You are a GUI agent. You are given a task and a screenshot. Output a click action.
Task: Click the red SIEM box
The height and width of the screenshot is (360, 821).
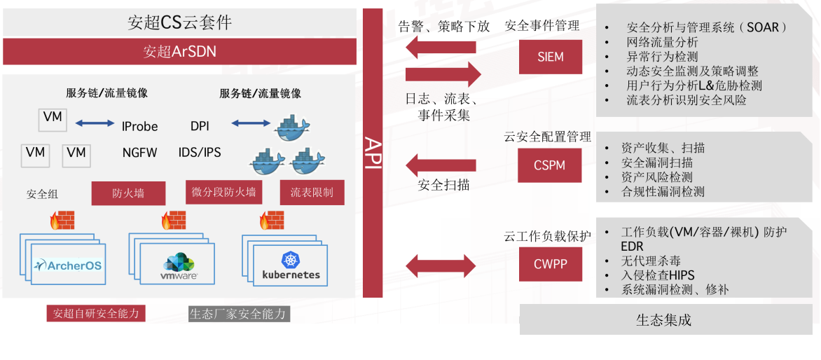[x=551, y=57]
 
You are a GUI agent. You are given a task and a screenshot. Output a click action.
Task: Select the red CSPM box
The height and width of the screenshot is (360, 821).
[x=550, y=166]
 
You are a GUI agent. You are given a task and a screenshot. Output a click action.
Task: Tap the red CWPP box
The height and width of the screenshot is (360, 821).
[x=551, y=265]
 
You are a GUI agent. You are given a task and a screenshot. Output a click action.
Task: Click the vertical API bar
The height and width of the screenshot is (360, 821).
[x=373, y=153]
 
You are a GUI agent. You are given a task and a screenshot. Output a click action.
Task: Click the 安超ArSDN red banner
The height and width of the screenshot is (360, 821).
[x=179, y=51]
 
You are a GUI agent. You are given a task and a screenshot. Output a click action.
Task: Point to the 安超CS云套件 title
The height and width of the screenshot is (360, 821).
[x=179, y=22]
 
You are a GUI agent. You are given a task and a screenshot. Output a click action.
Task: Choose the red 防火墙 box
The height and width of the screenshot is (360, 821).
[x=128, y=193]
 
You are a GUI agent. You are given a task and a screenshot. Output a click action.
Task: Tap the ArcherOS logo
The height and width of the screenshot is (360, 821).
[x=69, y=265]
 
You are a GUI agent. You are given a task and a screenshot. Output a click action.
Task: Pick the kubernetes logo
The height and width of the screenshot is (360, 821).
[x=291, y=266]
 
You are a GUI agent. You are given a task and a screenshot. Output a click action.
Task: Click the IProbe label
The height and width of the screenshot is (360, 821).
[x=140, y=127]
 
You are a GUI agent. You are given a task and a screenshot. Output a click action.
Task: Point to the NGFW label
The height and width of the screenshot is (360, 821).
[x=140, y=152]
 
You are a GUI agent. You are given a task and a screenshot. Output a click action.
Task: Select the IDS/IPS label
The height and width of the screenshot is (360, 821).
[x=200, y=152]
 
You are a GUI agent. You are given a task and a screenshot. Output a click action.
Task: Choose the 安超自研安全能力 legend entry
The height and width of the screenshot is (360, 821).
[x=96, y=314]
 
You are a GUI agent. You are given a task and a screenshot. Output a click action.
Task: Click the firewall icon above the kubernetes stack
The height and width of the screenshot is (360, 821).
[x=272, y=221]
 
